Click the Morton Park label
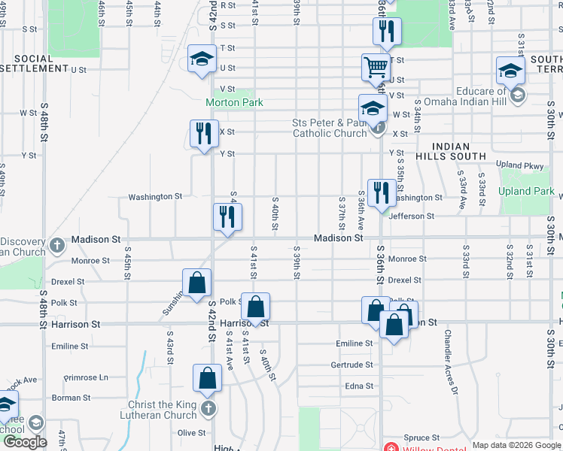[234, 102]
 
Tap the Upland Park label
[526, 192]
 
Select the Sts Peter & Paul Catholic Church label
[329, 128]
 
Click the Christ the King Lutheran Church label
[157, 410]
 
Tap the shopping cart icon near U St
[375, 67]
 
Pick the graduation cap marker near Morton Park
[202, 59]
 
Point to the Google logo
[25, 442]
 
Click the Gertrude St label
[351, 365]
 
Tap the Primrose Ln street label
[86, 377]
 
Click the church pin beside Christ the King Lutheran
[208, 410]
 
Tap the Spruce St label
[421, 437]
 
